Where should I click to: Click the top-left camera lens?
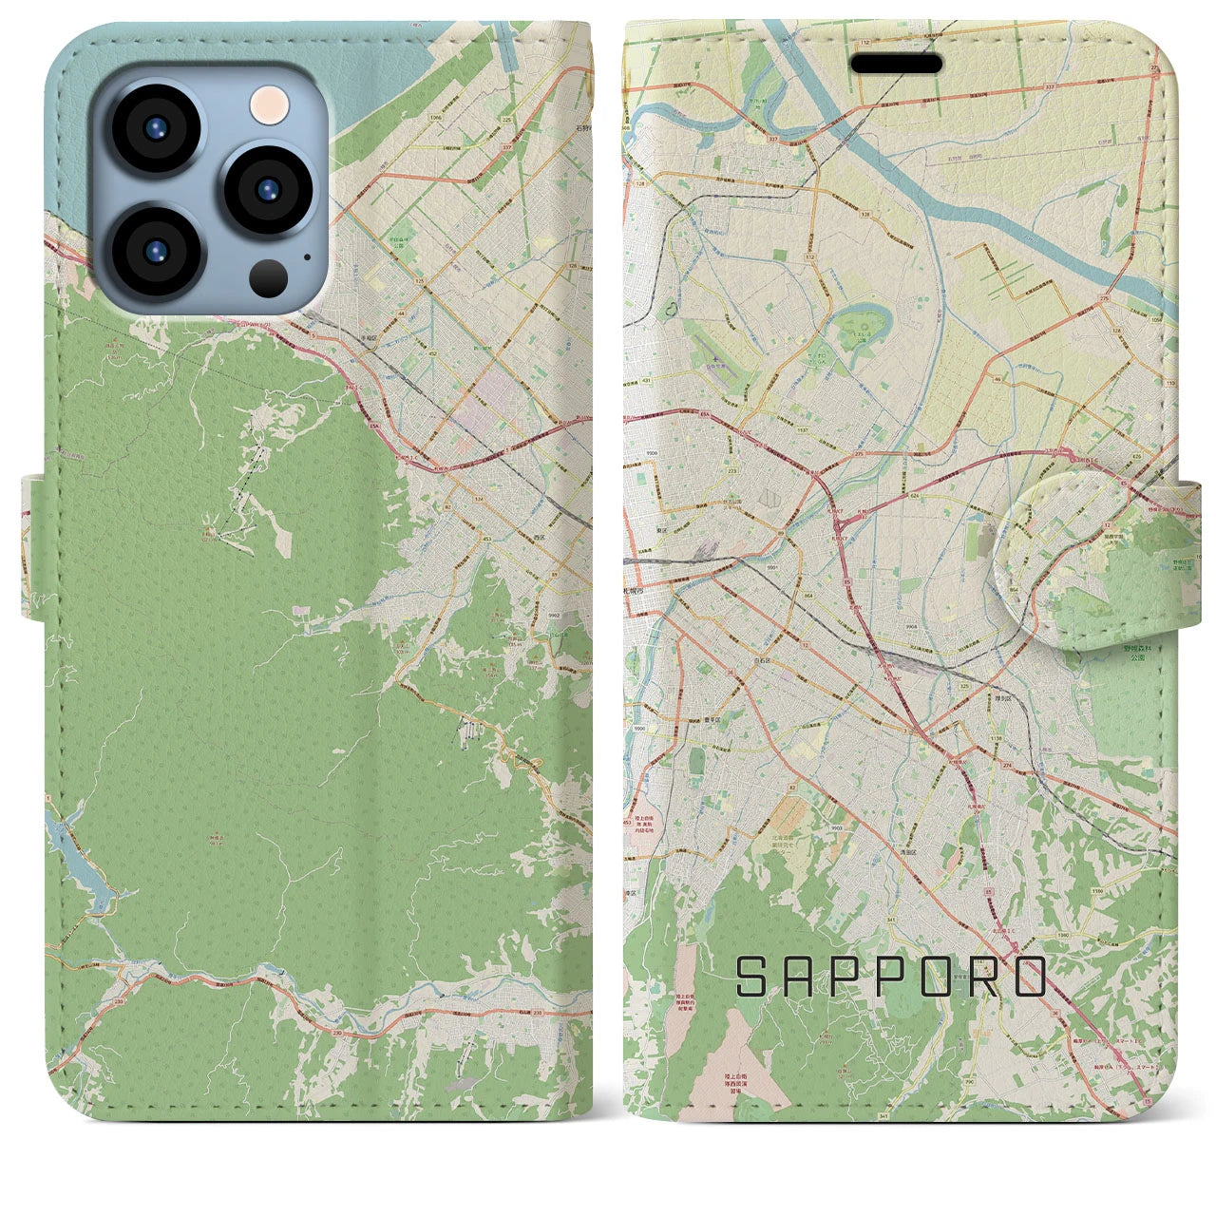[155, 130]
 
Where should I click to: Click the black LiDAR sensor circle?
[270, 277]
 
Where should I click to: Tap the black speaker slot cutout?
[896, 65]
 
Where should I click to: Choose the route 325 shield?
[965, 685]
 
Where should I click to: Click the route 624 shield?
[885, 495]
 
